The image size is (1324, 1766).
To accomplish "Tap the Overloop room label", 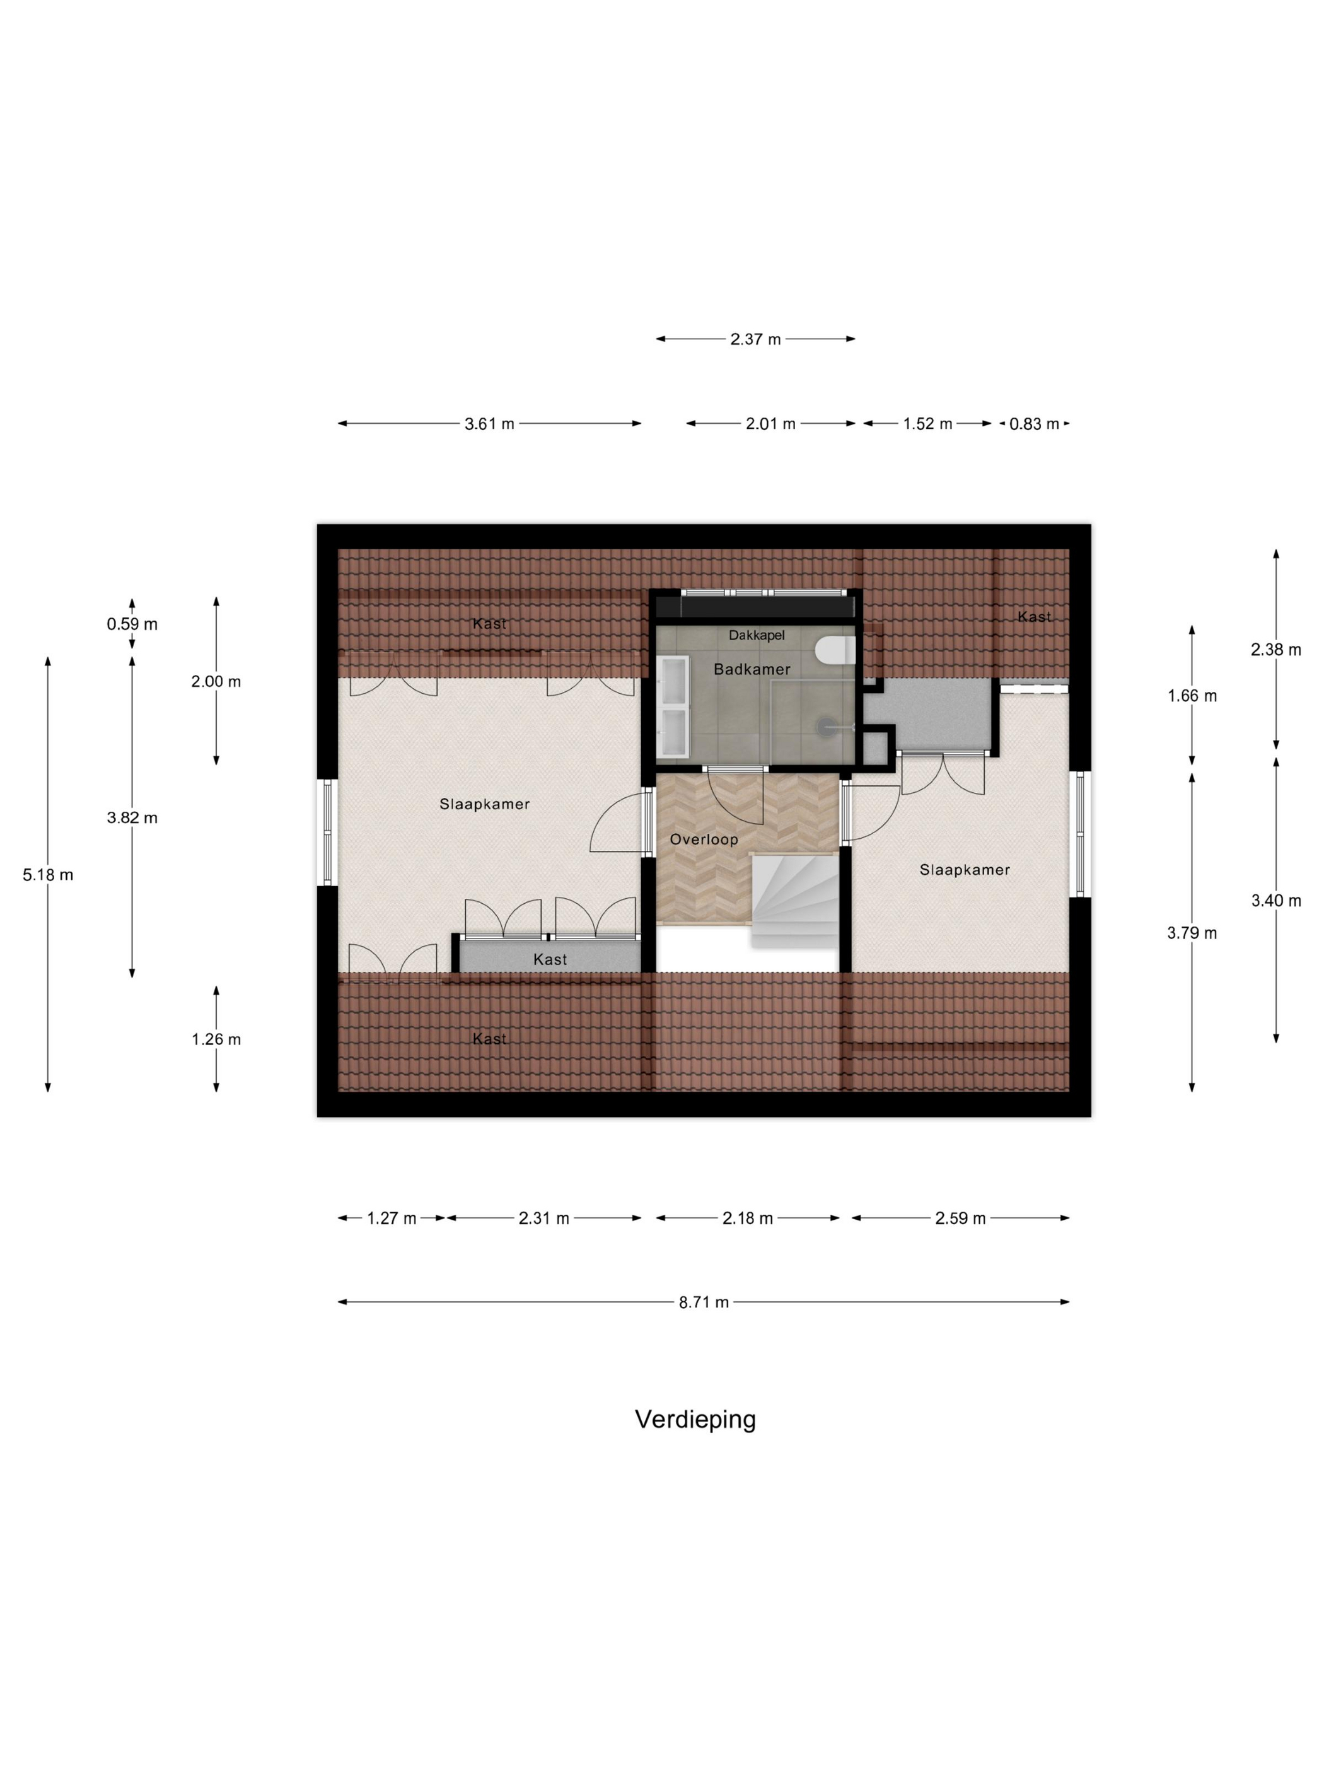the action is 703,839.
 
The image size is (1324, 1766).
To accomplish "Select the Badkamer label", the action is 752,669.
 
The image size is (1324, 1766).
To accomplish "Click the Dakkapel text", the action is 757,636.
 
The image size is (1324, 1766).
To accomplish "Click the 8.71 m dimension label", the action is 704,1302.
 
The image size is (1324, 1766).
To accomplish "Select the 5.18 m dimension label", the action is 48,875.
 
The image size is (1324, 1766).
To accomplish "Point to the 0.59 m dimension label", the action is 132,624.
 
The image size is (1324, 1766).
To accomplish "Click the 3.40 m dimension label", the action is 1276,901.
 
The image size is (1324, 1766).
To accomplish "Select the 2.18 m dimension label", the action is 748,1219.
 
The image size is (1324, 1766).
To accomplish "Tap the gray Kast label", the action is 550,960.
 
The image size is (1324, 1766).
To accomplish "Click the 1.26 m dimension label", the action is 216,1039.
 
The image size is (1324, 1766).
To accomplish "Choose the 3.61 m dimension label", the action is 490,424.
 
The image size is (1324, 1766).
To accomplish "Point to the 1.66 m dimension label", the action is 1192,696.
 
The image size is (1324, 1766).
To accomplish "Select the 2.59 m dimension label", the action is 960,1219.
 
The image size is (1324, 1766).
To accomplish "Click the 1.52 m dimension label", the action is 927,424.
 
